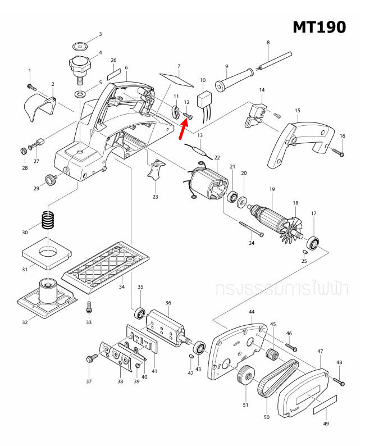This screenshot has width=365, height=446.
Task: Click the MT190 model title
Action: pyautogui.click(x=319, y=26)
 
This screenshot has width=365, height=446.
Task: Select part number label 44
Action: pyautogui.click(x=252, y=312)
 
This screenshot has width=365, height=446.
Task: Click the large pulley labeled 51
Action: pyautogui.click(x=245, y=376)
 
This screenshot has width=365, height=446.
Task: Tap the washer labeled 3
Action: pyautogui.click(x=80, y=47)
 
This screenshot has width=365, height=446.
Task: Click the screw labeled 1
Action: pyautogui.click(x=31, y=87)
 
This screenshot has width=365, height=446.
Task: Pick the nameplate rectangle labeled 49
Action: pyautogui.click(x=325, y=403)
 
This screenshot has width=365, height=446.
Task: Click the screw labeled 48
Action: pyautogui.click(x=339, y=381)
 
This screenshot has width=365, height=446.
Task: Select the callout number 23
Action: pyautogui.click(x=155, y=197)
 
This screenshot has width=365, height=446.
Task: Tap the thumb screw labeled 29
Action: pyautogui.click(x=52, y=180)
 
